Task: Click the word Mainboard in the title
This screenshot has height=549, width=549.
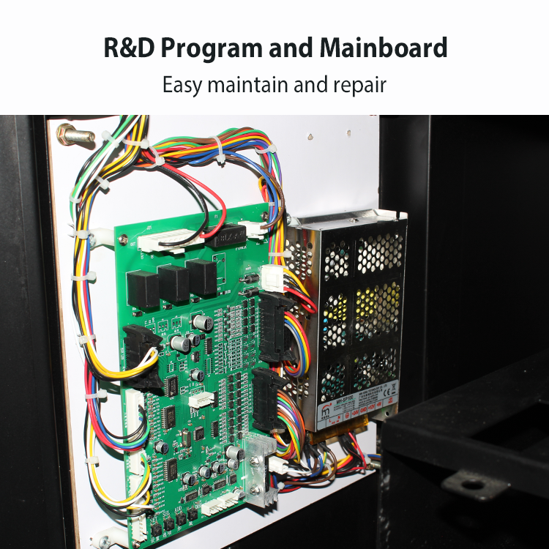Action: pos(383,48)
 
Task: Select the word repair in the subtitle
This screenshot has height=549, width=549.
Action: pos(356,84)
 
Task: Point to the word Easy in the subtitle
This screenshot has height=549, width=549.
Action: pos(183,84)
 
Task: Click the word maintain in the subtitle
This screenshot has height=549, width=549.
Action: pos(247,84)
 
